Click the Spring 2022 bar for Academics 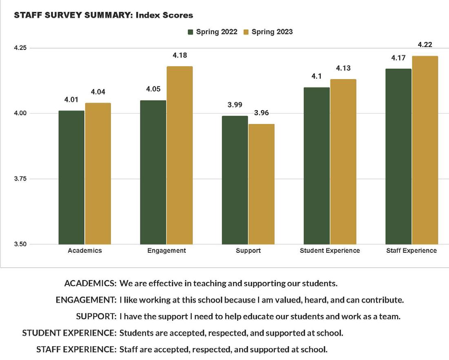71,178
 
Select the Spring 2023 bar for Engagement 180,155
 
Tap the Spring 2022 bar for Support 235,180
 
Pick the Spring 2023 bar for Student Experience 343,162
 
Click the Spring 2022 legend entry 213,32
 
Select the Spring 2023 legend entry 268,32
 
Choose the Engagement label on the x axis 167,251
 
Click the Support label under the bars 248,251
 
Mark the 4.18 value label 180,55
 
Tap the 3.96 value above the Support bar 261,113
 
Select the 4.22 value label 425,45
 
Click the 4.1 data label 317,76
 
